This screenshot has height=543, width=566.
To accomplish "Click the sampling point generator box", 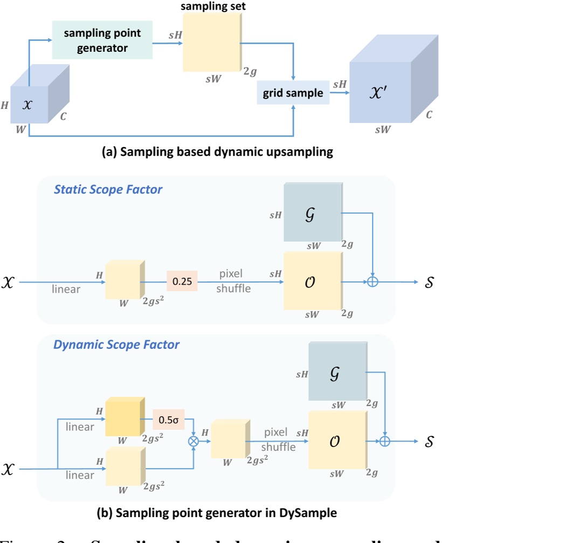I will (102, 40).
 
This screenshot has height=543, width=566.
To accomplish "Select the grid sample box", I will (293, 93).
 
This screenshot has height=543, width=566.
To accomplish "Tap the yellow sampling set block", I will (212, 42).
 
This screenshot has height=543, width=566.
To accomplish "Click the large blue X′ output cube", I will (381, 92).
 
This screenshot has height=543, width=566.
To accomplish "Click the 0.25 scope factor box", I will (182, 281).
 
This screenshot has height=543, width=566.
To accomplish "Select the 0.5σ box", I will (169, 418).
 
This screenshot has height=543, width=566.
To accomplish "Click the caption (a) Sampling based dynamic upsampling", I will (217, 152).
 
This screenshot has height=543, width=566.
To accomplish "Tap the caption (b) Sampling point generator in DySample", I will (216, 513).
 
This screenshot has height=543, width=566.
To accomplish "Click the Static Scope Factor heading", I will (108, 190).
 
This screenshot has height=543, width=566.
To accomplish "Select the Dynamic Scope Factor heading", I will (116, 344).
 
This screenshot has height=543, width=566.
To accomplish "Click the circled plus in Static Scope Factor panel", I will (372, 281).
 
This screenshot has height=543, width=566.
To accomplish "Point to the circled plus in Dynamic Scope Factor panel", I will (385, 441).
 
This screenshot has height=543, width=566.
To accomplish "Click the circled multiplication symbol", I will (193, 441).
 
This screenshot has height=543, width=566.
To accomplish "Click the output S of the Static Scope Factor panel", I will (428, 282).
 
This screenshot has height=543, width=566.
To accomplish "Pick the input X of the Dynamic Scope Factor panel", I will (8, 469).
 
